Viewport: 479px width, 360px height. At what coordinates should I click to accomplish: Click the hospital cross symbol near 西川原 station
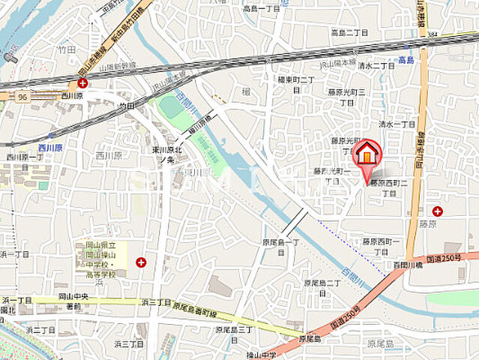[82, 83]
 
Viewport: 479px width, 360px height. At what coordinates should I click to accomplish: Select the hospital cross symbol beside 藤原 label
[437, 211]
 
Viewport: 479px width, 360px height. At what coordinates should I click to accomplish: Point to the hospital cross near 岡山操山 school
[141, 262]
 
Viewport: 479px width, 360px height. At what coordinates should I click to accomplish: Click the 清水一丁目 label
[397, 124]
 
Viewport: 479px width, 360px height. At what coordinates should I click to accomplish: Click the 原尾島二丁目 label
[322, 287]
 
